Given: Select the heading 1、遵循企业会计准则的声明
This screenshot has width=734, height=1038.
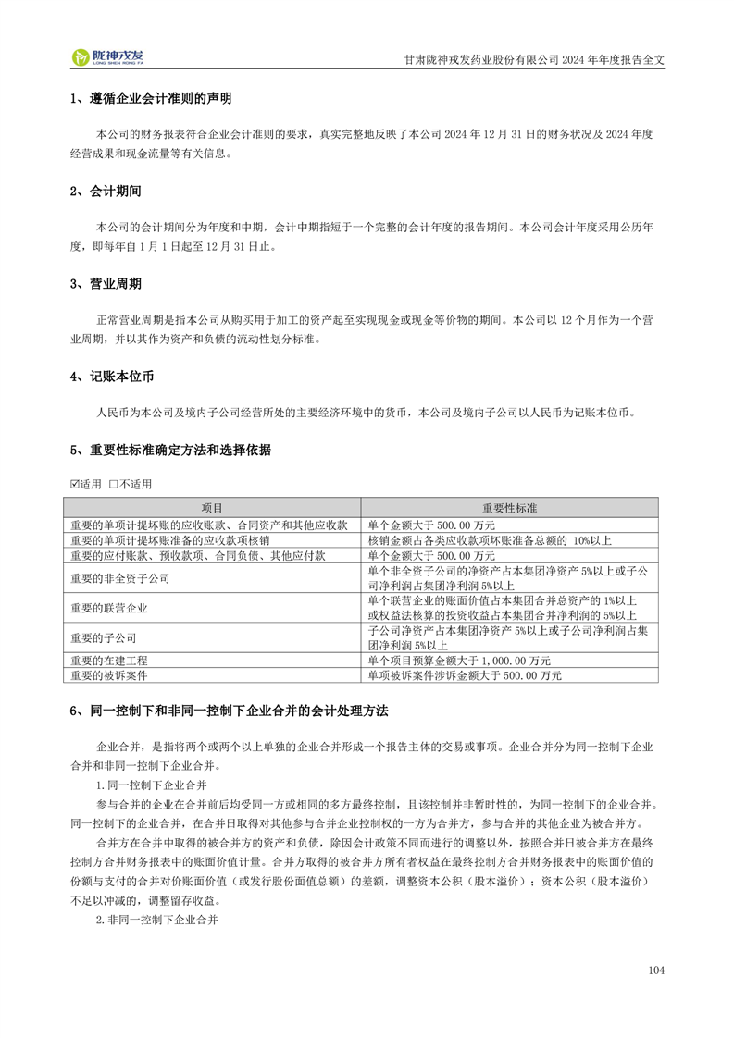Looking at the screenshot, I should coord(151,99).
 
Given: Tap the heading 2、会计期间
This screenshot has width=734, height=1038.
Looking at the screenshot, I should coord(106,192).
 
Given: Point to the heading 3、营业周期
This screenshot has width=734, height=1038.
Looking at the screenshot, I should coord(106,284).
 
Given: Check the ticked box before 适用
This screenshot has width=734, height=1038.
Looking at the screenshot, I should coord(76,484).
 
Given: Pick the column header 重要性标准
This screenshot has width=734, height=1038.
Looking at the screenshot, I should coord(511,508).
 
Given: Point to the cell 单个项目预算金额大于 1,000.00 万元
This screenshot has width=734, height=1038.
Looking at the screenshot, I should coord(459,661).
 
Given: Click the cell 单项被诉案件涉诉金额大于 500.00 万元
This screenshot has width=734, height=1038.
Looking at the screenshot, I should coord(465,675).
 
